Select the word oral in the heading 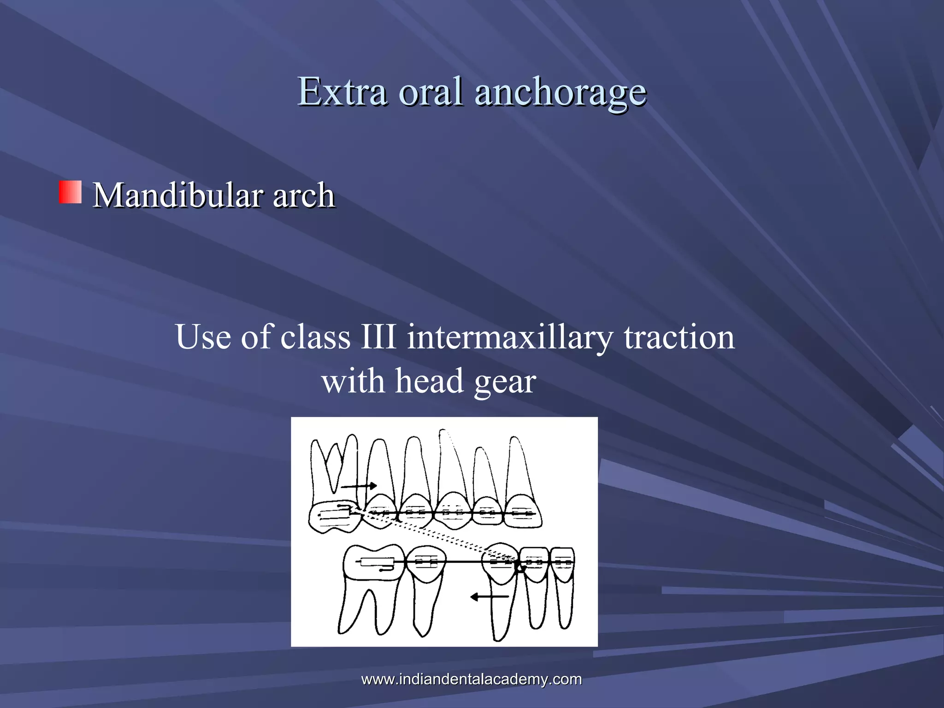coord(431,91)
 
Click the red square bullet coord(70,192)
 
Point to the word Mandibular coord(178,195)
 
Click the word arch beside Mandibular coord(304,195)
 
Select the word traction coord(679,337)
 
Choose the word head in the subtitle coord(429,381)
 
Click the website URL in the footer coord(472,679)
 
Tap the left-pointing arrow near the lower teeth coord(489,597)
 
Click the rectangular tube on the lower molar coord(377,562)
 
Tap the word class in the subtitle coord(315,337)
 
